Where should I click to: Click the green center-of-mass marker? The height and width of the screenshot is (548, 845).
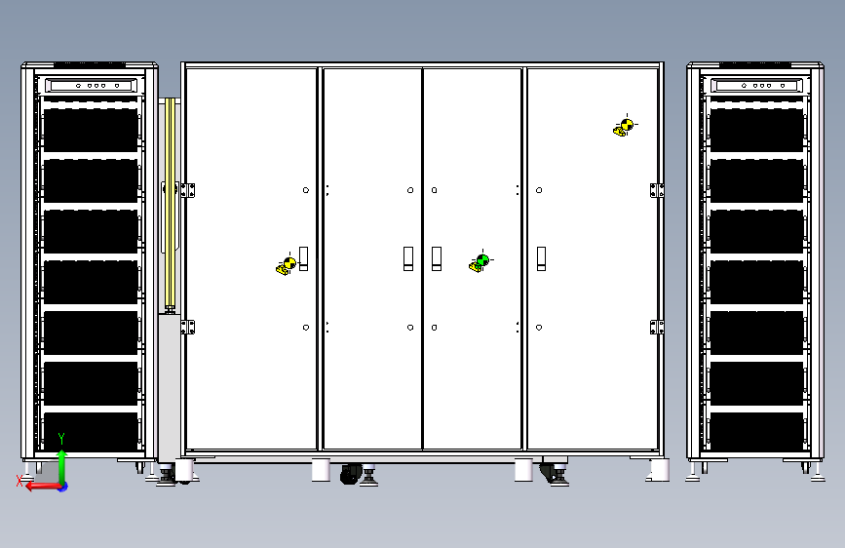click(x=481, y=261)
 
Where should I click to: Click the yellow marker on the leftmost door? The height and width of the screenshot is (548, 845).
click(x=288, y=264)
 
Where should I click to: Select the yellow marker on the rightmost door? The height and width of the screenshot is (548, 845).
click(x=625, y=126)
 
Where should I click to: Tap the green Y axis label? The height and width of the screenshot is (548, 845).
click(x=61, y=439)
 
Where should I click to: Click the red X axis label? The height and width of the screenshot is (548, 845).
click(x=19, y=481)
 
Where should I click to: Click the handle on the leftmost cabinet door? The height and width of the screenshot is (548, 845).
click(x=303, y=259)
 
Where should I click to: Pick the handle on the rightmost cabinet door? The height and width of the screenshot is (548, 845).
click(x=541, y=259)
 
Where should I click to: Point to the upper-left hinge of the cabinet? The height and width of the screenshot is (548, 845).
click(x=188, y=190)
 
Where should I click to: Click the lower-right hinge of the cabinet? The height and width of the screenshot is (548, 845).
click(x=657, y=328)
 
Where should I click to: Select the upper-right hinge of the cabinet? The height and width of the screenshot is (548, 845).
click(x=657, y=190)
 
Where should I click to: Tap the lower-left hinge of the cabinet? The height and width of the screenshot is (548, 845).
click(x=188, y=328)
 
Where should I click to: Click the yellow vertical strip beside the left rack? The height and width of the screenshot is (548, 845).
click(x=171, y=204)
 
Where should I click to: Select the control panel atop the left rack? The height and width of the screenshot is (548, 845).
click(x=91, y=85)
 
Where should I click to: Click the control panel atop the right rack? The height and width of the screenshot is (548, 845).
click(x=756, y=85)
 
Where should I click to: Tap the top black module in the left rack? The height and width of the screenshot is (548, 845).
click(x=91, y=130)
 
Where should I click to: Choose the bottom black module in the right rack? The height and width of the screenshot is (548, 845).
click(x=756, y=432)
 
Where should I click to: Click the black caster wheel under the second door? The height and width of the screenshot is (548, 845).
click(x=350, y=475)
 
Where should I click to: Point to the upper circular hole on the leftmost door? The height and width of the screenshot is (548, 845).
click(x=306, y=190)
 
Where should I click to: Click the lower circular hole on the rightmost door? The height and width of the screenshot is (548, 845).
click(x=539, y=328)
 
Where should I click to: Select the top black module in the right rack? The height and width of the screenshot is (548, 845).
click(x=756, y=130)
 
